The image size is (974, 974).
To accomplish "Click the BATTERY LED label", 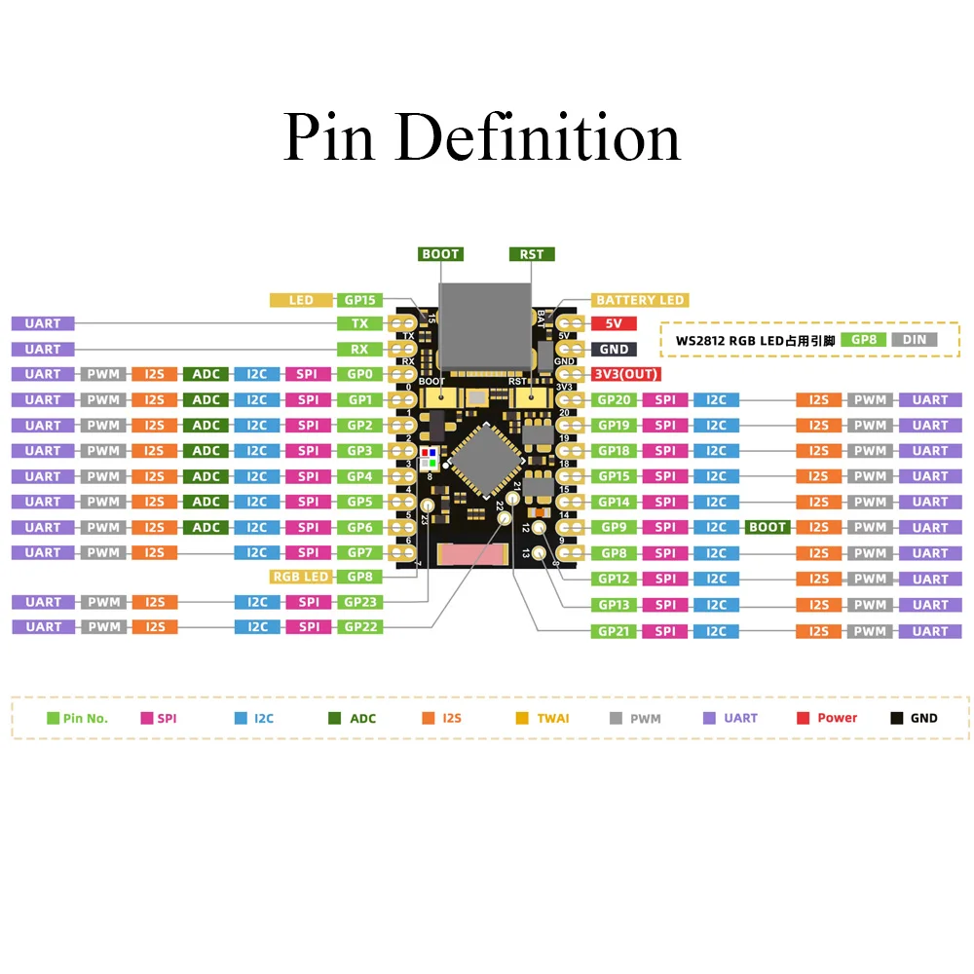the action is click(639, 300).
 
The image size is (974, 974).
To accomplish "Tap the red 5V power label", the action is click(614, 323).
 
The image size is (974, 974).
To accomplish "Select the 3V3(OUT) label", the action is click(626, 374).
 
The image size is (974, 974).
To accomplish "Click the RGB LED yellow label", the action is click(301, 577).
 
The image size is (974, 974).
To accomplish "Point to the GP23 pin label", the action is click(359, 602).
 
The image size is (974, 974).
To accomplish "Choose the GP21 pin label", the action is click(614, 631).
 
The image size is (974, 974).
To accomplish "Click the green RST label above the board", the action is click(532, 254).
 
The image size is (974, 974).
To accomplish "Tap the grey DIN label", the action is click(915, 340).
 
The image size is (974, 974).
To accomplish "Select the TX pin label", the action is click(359, 323).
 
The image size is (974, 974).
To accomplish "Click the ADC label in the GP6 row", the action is click(206, 527).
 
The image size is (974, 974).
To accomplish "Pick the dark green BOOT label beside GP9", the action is click(768, 527).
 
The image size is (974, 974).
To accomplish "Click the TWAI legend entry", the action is click(543, 718).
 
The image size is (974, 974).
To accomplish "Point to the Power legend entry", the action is click(827, 718).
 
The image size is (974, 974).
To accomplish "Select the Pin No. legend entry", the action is click(78, 718).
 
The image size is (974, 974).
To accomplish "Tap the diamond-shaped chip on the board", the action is click(486, 461).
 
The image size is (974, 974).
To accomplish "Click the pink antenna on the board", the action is click(472, 555).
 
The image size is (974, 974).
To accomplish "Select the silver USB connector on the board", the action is click(485, 326).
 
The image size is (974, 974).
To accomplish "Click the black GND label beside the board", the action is click(614, 349).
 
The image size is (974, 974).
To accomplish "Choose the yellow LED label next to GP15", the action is click(301, 300).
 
